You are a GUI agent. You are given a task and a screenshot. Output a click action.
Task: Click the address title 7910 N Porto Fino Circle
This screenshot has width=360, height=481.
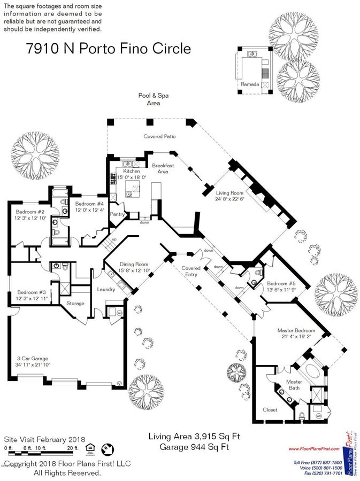click(x=108, y=49)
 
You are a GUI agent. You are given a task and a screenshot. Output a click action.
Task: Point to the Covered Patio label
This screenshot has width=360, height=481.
click(x=159, y=136)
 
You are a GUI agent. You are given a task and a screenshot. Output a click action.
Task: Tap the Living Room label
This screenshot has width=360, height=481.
click(x=229, y=193)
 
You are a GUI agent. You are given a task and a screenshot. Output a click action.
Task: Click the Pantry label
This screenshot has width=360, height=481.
click(x=117, y=214)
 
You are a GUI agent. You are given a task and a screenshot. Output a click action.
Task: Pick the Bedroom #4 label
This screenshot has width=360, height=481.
click(x=89, y=204)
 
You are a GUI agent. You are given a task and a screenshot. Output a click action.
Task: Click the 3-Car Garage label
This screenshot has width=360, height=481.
click(x=32, y=358)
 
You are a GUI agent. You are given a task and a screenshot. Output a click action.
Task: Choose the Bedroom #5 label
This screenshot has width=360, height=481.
click(x=281, y=283)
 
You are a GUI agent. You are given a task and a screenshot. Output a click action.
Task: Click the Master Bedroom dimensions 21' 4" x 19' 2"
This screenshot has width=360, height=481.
click(x=296, y=337)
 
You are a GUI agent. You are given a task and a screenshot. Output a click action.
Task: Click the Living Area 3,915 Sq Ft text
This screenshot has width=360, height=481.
click(x=194, y=437)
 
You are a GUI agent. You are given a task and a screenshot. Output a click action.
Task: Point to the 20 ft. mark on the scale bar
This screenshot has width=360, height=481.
click(x=74, y=448)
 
